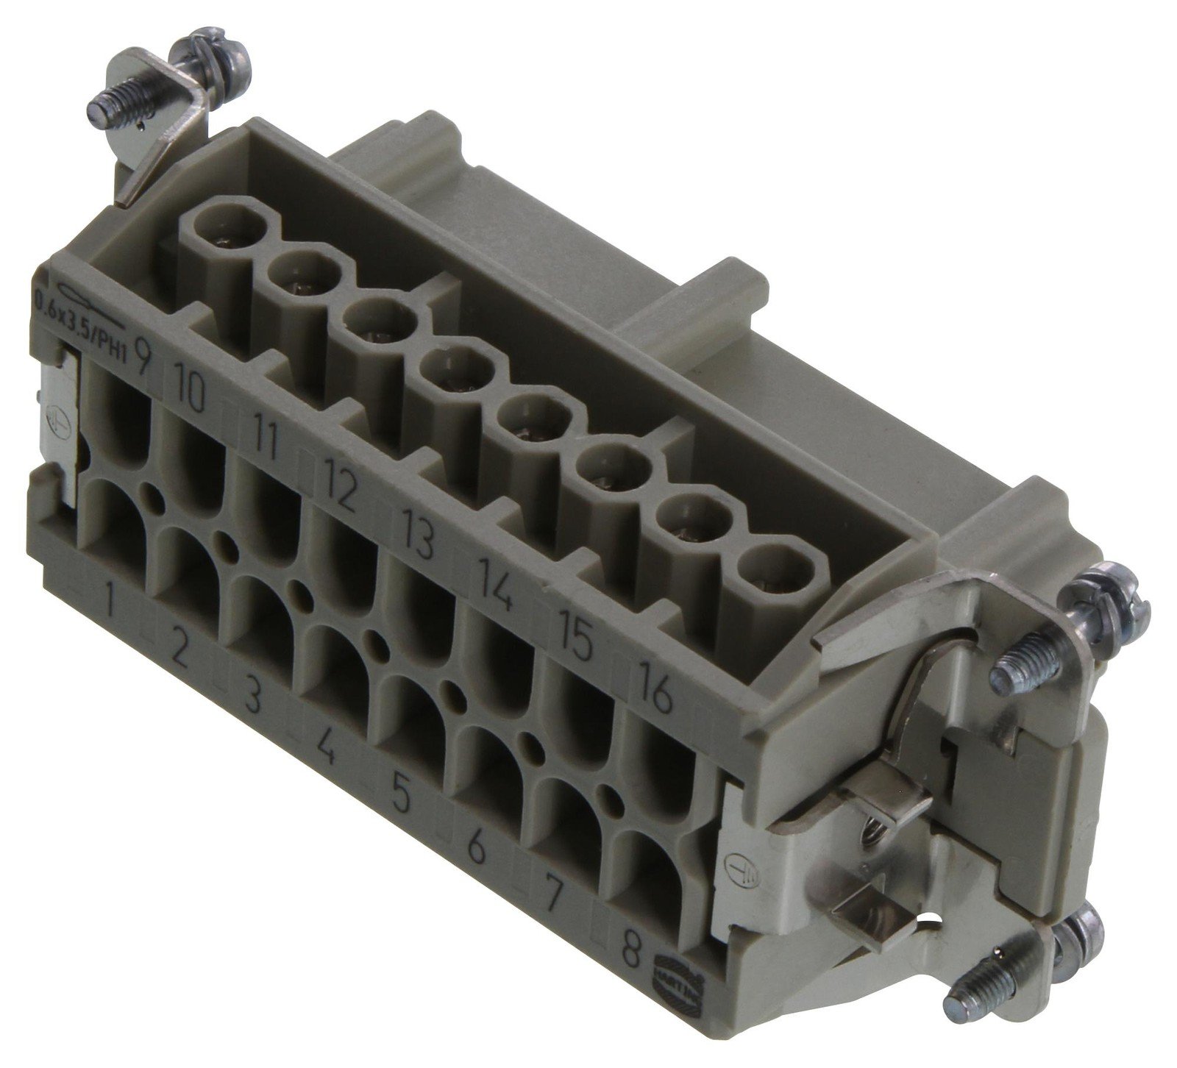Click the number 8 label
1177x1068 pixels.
pos(629,958)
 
